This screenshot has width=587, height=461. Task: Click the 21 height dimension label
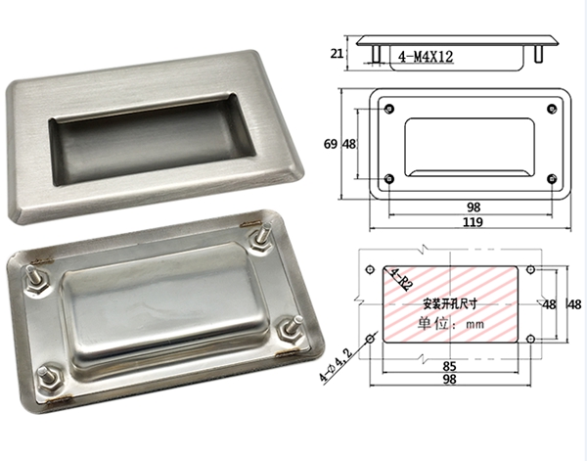(337, 54)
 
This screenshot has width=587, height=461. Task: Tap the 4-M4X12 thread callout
(426, 57)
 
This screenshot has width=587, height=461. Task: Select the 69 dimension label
(331, 144)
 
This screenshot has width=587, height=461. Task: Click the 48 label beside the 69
(349, 144)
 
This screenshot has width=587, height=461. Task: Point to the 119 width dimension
(473, 222)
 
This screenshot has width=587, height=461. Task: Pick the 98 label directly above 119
(474, 207)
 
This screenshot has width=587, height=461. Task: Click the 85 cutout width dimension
(450, 366)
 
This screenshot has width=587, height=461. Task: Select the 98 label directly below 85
(450, 380)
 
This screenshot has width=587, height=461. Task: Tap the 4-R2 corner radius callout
(401, 279)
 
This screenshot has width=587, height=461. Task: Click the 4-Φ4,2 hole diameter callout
(336, 364)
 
